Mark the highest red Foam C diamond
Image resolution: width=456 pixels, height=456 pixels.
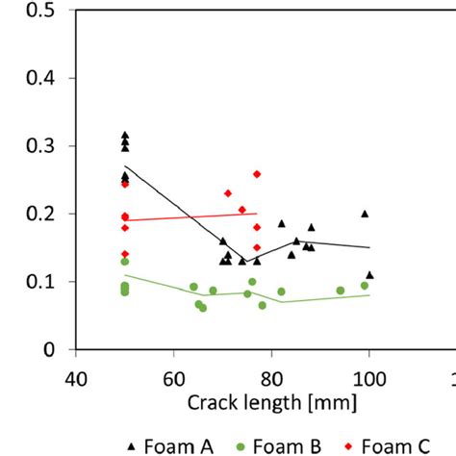[257, 174]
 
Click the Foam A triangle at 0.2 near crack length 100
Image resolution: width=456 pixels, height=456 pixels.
[365, 214]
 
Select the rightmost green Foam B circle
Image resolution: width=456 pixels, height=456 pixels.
[365, 286]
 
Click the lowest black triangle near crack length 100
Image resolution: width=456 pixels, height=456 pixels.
[369, 274]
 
